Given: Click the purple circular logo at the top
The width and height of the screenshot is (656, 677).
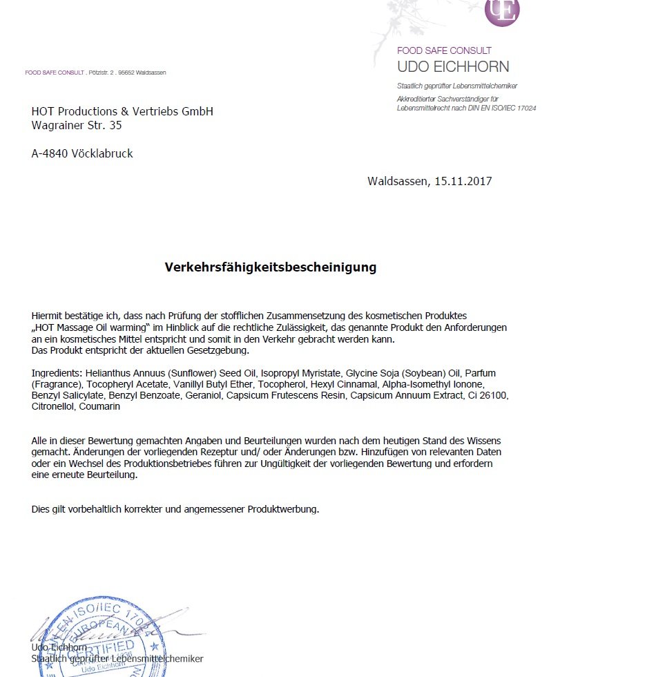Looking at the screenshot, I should [502, 11].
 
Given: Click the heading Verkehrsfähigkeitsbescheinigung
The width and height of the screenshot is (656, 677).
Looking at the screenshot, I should [271, 267].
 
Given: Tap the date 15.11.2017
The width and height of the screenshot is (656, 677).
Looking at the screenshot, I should [463, 182].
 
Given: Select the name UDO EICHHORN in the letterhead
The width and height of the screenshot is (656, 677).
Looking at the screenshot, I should [453, 67].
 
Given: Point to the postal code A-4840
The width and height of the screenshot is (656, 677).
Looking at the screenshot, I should [50, 154].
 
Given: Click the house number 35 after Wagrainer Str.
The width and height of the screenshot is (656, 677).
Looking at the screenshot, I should [115, 126].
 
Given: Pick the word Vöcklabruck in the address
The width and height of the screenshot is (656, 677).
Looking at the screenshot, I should [102, 154].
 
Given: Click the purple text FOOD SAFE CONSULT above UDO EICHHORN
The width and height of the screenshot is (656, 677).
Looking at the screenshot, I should [444, 50].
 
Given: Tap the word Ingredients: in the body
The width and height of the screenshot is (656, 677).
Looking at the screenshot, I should [57, 373].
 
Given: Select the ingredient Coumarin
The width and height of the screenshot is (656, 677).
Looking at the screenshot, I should [99, 406].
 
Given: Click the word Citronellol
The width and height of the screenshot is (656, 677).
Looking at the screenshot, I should [53, 406].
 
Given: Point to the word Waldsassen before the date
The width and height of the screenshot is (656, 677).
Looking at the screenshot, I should [398, 182].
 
